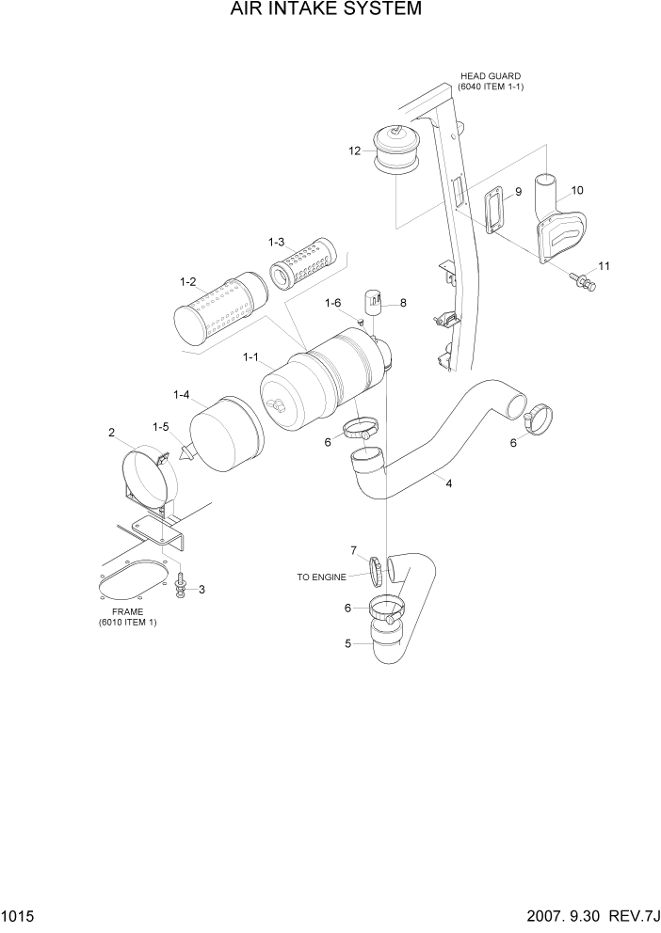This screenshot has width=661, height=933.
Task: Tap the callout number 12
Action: click(354, 150)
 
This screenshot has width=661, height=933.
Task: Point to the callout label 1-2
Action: click(187, 281)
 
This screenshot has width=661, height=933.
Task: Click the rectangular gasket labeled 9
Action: click(492, 209)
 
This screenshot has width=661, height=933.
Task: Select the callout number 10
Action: click(577, 190)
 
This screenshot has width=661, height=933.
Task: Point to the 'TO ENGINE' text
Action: click(322, 577)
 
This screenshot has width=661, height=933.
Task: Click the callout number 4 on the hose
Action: click(449, 483)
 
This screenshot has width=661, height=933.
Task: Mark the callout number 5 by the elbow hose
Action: click(348, 643)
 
